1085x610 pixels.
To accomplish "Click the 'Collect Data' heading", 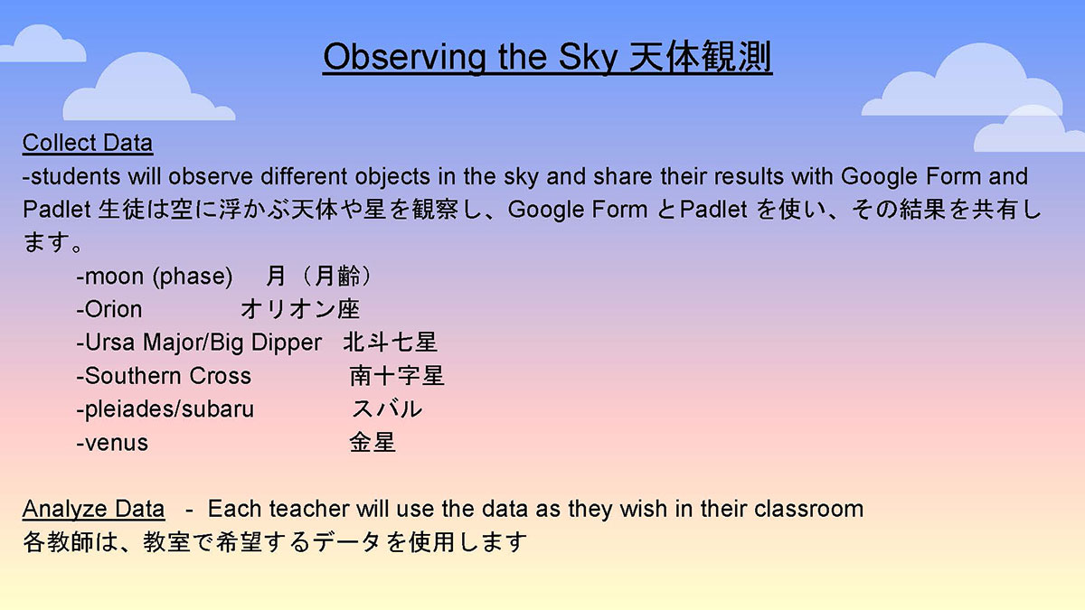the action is coord(88,144).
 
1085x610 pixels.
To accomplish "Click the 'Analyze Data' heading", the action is coord(93,510).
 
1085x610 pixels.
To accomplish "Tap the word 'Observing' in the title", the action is coord(404,58).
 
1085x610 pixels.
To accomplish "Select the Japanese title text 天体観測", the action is coord(700,58).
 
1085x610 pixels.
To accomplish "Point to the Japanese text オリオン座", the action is coord(300,309).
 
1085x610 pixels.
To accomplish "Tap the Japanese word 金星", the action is coord(373,443).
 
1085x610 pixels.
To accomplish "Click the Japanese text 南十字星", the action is coord(397,376).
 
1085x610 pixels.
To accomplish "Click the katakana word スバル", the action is coord(387,409).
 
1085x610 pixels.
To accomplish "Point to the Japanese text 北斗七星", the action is coord(391,343).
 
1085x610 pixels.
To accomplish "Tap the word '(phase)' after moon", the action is coord(193,277).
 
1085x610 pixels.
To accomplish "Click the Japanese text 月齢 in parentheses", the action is coord(337,277).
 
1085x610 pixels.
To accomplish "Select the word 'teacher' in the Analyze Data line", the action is coord(309,509).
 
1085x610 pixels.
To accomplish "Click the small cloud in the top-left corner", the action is coord(43,43).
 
